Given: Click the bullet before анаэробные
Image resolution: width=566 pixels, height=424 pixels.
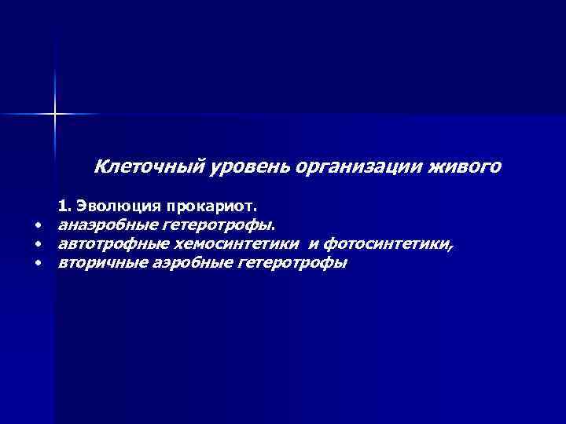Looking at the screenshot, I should pos(37,226).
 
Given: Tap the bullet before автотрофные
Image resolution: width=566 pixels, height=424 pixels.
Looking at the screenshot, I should pos(37,244).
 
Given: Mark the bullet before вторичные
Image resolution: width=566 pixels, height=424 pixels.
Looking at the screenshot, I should pos(37,263).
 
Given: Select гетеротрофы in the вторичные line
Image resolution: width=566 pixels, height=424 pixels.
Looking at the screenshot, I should pos(292,263).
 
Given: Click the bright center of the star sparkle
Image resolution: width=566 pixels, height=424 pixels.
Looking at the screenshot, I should pos(55,114).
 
